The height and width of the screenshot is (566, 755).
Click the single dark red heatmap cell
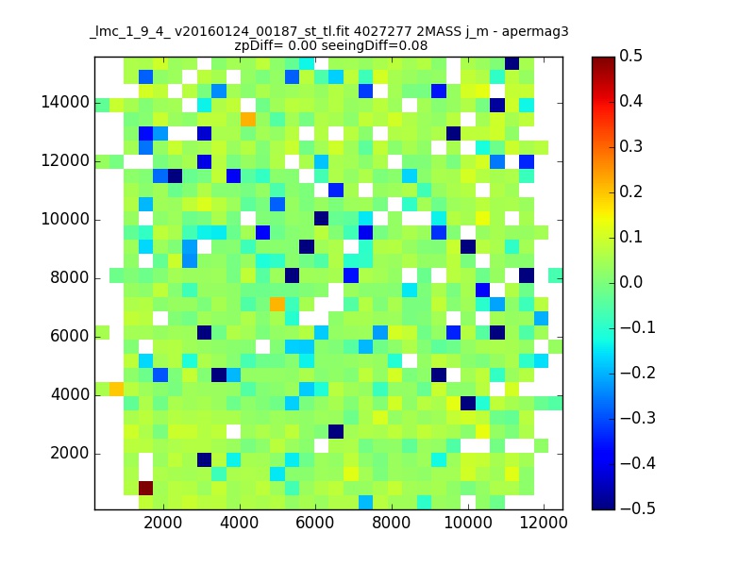click(x=146, y=488)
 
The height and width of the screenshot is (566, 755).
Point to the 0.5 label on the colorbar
click(x=630, y=56)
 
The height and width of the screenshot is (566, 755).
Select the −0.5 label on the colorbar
click(x=638, y=508)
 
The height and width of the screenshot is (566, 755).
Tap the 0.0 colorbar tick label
click(x=630, y=282)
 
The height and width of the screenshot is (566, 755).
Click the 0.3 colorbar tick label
click(x=630, y=146)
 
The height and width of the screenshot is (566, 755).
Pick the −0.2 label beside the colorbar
click(x=638, y=373)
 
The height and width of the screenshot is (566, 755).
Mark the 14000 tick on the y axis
click(x=65, y=103)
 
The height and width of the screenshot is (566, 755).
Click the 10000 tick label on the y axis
click(x=65, y=220)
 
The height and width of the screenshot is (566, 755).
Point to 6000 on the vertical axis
click(x=70, y=337)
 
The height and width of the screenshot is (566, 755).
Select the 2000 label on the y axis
click(x=70, y=454)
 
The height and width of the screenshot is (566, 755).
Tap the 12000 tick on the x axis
click(x=544, y=523)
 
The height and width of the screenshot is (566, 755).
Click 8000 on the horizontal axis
click(x=392, y=523)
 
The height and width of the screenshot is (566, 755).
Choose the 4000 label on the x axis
click(x=240, y=523)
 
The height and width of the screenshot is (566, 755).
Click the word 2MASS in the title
click(x=438, y=32)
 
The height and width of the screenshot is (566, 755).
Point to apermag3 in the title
click(x=535, y=33)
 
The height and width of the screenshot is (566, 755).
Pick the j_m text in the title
click(x=477, y=33)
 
